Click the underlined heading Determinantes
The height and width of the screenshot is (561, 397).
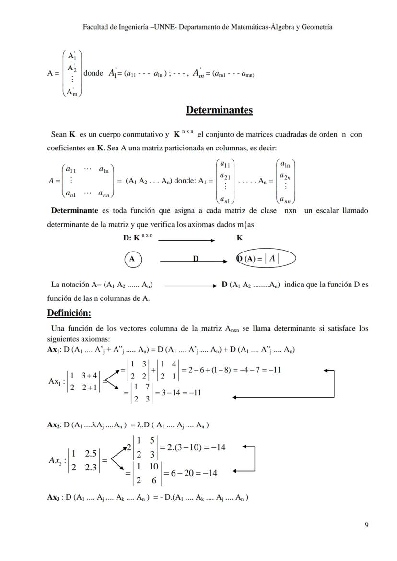point(219,110)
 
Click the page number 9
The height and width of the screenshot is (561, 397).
point(366,525)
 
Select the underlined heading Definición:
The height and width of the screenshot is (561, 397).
point(69,313)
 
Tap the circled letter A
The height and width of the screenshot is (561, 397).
point(132,259)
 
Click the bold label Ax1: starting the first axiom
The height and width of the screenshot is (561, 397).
point(54,350)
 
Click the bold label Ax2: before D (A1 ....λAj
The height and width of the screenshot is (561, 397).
point(54,425)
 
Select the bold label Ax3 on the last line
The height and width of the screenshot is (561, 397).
point(53,497)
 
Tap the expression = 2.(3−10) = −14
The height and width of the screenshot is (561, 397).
point(192,447)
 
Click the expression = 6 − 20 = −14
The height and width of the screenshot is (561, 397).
point(190,473)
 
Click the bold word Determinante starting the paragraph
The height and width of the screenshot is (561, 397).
point(74,211)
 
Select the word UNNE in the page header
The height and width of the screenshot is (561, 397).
point(164,27)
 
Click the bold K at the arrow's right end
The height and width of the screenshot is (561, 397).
point(239,238)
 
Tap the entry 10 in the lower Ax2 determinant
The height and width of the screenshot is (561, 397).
point(154,466)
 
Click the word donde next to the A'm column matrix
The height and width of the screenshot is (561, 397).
point(93,74)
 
